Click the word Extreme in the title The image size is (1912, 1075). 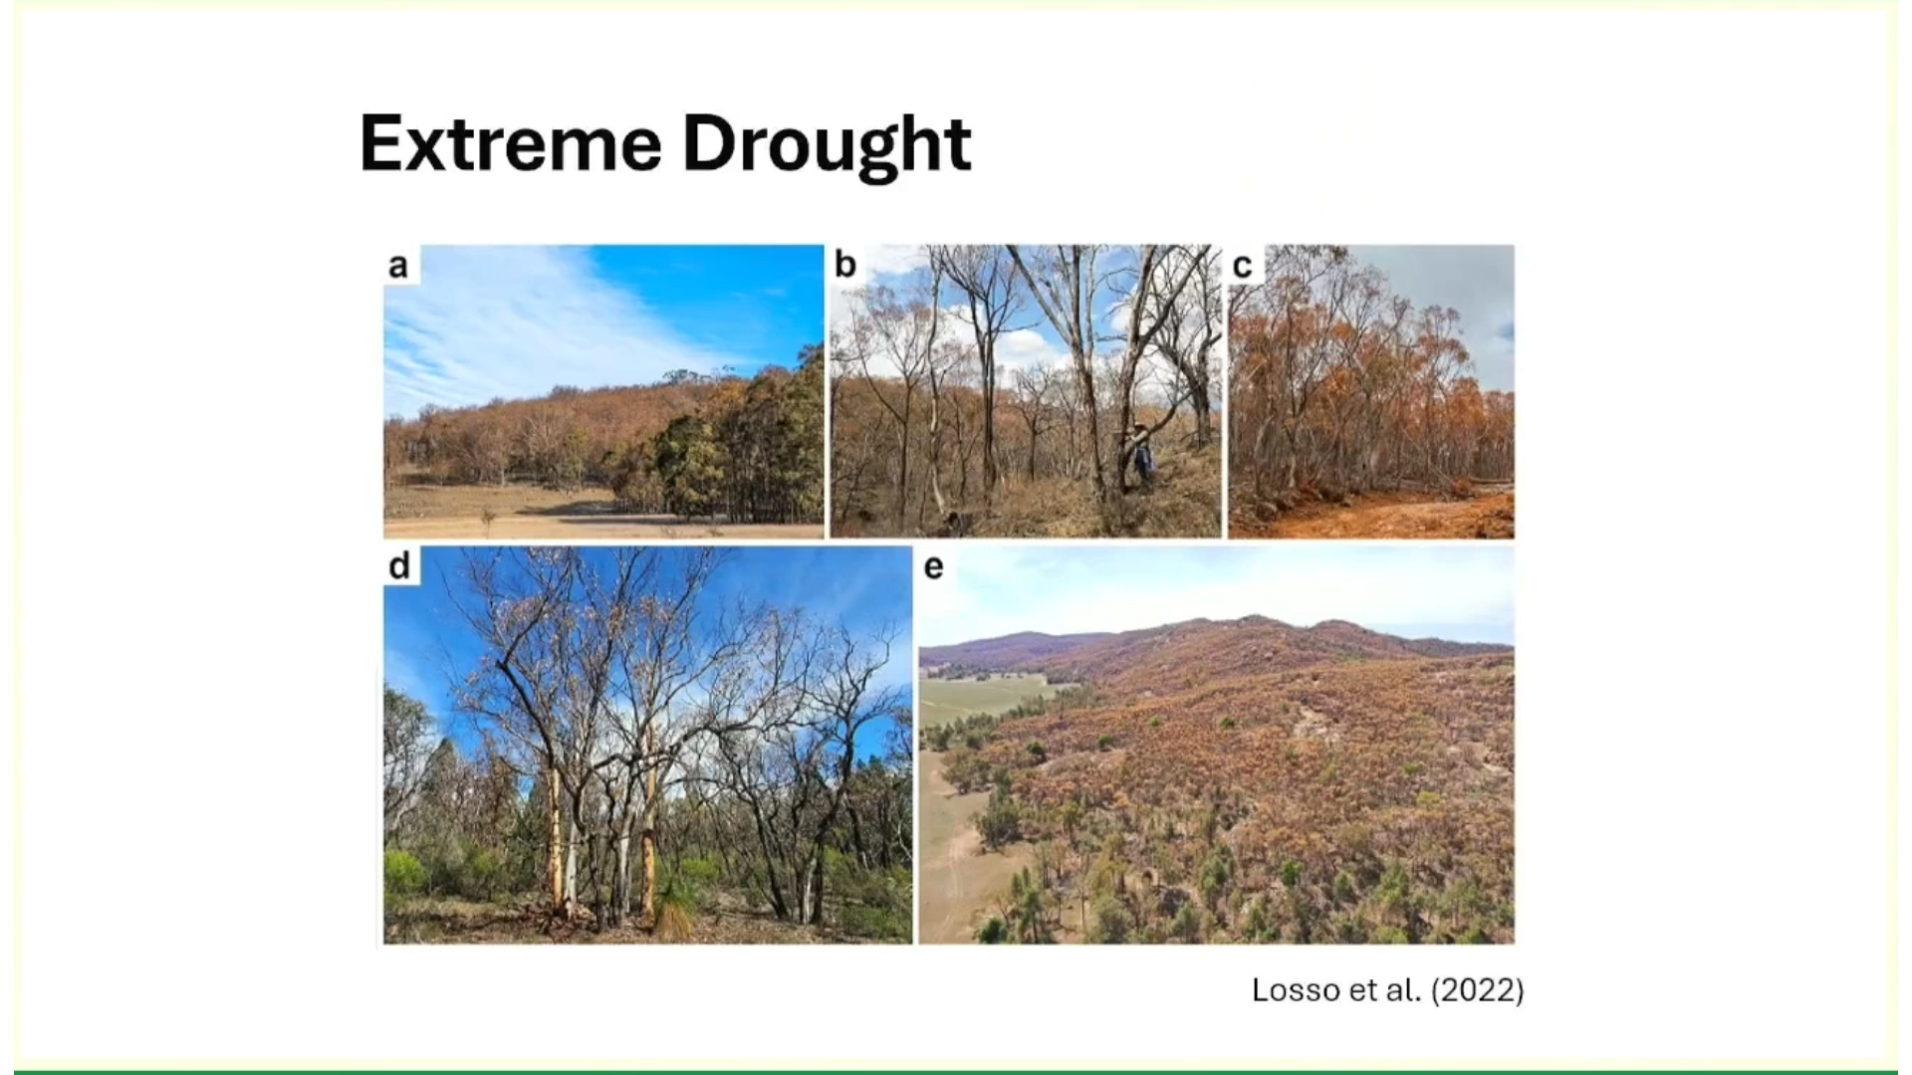pyautogui.click(x=510, y=144)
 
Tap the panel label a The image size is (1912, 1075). pyautogui.click(x=398, y=266)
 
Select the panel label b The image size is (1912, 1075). pyautogui.click(x=845, y=265)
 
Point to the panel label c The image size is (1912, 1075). pyautogui.click(x=1242, y=266)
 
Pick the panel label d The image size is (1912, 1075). pyautogui.click(x=399, y=565)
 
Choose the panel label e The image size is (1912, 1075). pyautogui.click(x=933, y=566)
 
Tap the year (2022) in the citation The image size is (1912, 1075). pyautogui.click(x=1477, y=990)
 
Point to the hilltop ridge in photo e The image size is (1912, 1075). pyautogui.click(x=1255, y=622)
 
